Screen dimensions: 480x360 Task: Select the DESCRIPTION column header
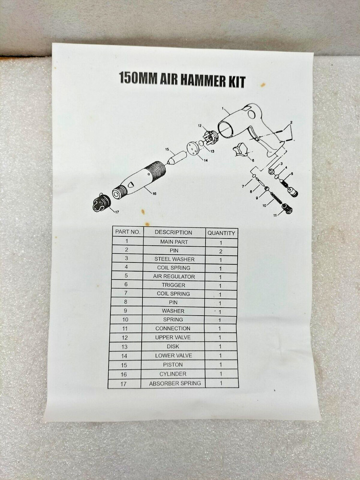pyautogui.click(x=173, y=232)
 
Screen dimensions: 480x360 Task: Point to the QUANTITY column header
pyautogui.click(x=221, y=233)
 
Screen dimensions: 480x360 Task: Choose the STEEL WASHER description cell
pyautogui.click(x=173, y=259)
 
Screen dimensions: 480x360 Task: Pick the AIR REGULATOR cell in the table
pyautogui.click(x=173, y=276)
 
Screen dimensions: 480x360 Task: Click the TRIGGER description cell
pyautogui.click(x=173, y=285)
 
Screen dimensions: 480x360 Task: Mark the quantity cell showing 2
pyautogui.click(x=221, y=251)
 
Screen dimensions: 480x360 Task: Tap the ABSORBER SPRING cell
pyautogui.click(x=175, y=384)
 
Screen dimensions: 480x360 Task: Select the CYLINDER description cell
pyautogui.click(x=174, y=374)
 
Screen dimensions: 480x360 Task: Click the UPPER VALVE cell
pyautogui.click(x=174, y=338)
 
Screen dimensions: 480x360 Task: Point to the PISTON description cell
pyautogui.click(x=174, y=365)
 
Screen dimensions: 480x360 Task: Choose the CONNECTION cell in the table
pyautogui.click(x=174, y=329)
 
